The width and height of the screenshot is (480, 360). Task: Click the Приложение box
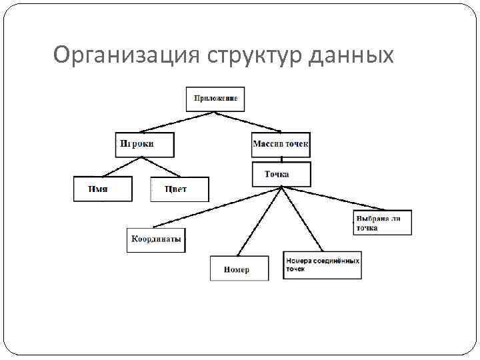coord(215,98)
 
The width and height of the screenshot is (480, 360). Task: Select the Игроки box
coord(144,144)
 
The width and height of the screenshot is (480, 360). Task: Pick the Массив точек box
coord(281,144)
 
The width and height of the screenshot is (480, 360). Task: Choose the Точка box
coord(281,174)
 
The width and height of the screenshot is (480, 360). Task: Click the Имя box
coord(102,189)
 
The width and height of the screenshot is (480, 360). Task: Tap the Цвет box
coord(179,189)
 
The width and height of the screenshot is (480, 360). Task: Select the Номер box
coord(239,268)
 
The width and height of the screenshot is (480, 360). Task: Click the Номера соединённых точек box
coord(323,266)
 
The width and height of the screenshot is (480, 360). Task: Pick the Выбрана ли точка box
coord(382,223)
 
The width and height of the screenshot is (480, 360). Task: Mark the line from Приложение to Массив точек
coord(248,121)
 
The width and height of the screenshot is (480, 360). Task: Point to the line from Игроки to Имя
coord(123,167)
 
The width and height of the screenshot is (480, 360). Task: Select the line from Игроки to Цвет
coord(162,167)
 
